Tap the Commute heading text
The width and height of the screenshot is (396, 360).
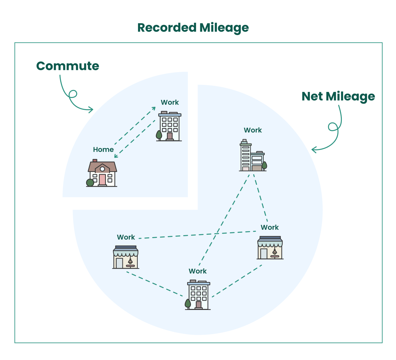68,66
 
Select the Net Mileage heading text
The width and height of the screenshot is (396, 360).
338,96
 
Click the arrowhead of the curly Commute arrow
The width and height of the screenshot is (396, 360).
91,110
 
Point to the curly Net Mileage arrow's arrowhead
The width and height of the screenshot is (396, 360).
314,149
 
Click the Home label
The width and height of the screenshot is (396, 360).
103,149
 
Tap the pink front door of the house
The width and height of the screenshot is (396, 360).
102,179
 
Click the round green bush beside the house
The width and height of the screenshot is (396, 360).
90,183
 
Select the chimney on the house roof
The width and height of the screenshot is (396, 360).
95,161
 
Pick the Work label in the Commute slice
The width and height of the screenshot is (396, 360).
170,102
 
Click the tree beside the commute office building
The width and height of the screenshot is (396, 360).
159,135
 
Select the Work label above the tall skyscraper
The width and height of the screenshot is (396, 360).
253,130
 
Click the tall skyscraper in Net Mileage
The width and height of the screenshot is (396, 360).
246,156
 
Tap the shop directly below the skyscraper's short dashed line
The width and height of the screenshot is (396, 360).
270,248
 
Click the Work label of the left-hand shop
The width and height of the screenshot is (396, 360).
126,237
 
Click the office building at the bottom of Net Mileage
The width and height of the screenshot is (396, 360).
198,295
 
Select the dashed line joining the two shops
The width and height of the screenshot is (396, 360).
198,235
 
